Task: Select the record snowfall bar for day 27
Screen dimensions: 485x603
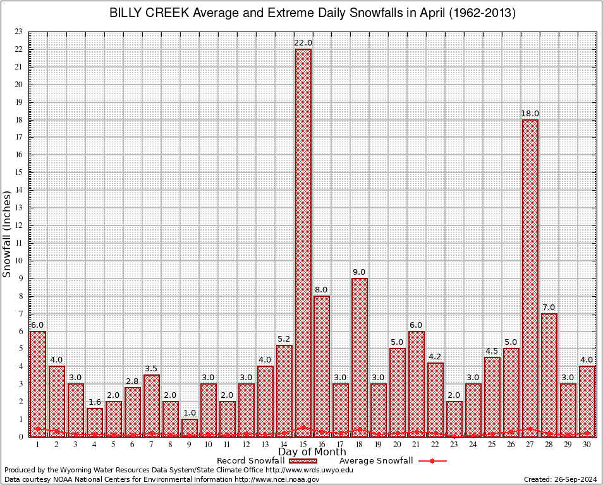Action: pos(530,278)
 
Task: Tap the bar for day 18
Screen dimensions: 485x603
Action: pos(360,357)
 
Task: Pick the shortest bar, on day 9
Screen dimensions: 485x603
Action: pos(190,428)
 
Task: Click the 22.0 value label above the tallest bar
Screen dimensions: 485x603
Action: pos(303,43)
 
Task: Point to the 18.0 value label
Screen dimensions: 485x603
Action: pos(530,114)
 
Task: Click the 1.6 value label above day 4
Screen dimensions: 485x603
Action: pos(95,402)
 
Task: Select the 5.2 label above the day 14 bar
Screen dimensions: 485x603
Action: pos(284,339)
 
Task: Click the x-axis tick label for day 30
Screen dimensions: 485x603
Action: pos(587,445)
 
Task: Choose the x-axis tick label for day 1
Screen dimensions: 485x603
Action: pos(38,445)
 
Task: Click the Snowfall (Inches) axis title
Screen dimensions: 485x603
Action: pos(8,234)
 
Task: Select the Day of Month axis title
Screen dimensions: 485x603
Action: pos(312,452)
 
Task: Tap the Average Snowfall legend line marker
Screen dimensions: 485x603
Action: pos(432,461)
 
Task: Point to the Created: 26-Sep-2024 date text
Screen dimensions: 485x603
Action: pos(561,479)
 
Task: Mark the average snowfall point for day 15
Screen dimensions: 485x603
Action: pos(303,427)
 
